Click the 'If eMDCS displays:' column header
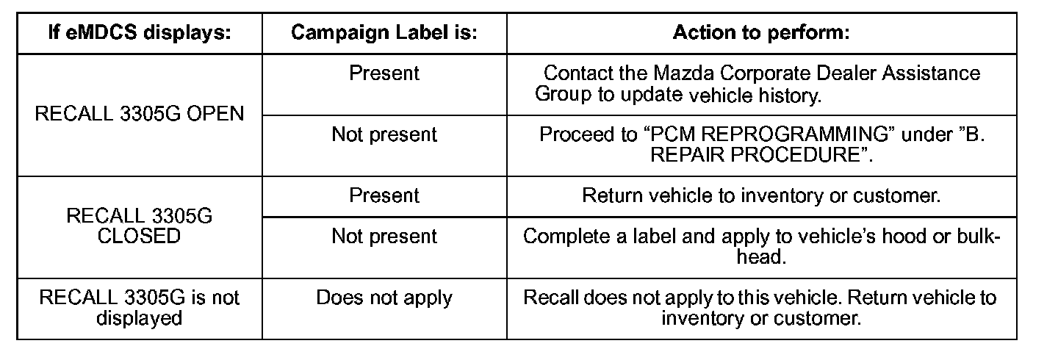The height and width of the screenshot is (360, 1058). (139, 33)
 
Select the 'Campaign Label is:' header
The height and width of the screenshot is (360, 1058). (384, 33)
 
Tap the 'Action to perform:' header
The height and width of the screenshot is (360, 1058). (761, 33)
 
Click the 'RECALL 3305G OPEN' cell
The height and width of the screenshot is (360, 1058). (140, 115)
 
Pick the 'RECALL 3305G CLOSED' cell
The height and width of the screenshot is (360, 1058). (140, 226)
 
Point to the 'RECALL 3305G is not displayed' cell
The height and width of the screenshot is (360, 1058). (140, 308)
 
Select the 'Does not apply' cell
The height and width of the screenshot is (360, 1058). (384, 298)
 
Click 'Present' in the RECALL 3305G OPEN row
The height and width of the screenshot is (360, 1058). (384, 73)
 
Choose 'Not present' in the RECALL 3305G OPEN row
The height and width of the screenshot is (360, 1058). (384, 134)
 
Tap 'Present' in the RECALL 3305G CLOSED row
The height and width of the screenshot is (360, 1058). (384, 196)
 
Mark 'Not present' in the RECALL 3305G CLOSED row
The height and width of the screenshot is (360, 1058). (384, 237)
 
